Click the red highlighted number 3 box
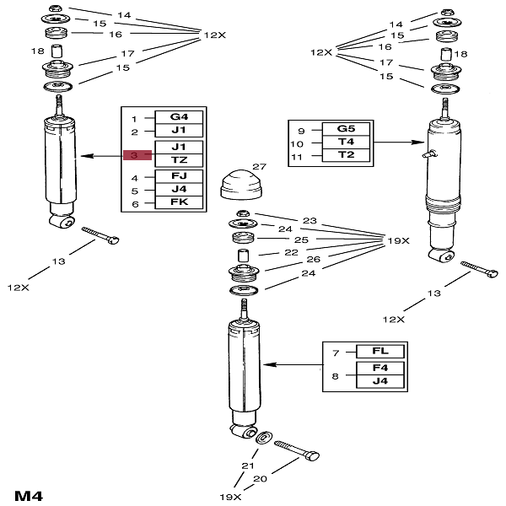[x=133, y=155]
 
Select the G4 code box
[x=178, y=118]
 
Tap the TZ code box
[x=178, y=159]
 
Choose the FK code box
[x=178, y=203]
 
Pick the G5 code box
[x=346, y=128]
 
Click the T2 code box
[x=346, y=155]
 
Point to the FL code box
[x=380, y=351]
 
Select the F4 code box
[x=380, y=369]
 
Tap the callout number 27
[x=259, y=167]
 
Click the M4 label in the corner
[x=28, y=493]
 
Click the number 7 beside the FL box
[x=335, y=351]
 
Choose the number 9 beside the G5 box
[x=300, y=129]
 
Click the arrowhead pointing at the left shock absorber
[x=83, y=156]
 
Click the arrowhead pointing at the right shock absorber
[x=422, y=142]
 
